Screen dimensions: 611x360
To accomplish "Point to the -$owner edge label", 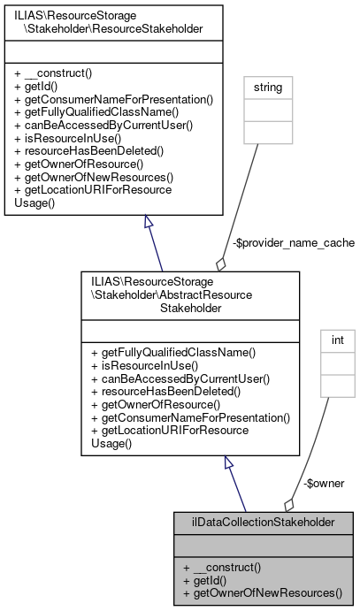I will pyautogui.click(x=324, y=483).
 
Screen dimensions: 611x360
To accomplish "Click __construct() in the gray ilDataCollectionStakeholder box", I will pyautogui.click(x=222, y=567).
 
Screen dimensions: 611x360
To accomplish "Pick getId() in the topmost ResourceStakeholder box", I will pyautogui.click(x=40, y=88).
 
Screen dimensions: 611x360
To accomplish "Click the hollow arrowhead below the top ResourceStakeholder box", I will pyautogui.click(x=149, y=223).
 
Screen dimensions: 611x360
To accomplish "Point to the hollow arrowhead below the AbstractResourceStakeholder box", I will pyautogui.click(x=228, y=462).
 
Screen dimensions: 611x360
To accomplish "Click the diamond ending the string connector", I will pyautogui.click(x=219, y=263).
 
